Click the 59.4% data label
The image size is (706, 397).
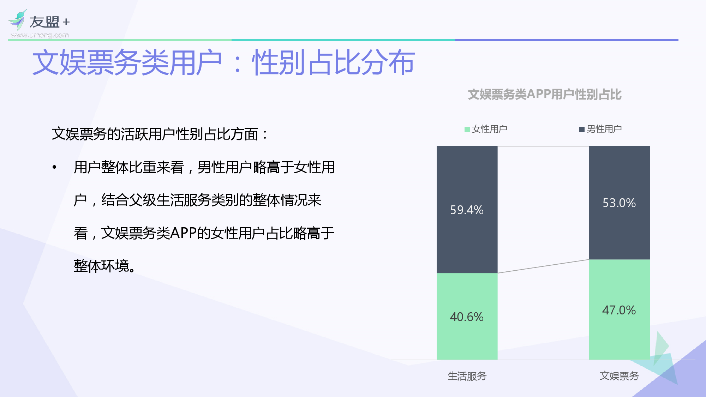tap(467, 210)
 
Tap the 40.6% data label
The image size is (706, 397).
tap(467, 317)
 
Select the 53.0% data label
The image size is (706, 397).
tap(619, 203)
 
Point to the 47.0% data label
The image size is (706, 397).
tap(619, 310)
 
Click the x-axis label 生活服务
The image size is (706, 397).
tap(467, 376)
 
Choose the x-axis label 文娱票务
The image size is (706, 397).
tap(619, 376)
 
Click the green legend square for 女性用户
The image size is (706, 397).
tap(467, 130)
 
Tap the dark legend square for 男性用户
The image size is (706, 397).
tap(582, 130)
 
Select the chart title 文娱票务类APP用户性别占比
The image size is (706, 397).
tap(545, 95)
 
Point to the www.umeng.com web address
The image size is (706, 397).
tap(40, 35)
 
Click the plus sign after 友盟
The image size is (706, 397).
tap(66, 22)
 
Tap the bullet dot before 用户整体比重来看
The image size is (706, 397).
tap(54, 167)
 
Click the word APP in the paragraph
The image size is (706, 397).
tap(183, 233)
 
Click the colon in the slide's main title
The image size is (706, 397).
tap(238, 64)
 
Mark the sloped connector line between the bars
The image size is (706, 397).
tap(543, 266)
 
